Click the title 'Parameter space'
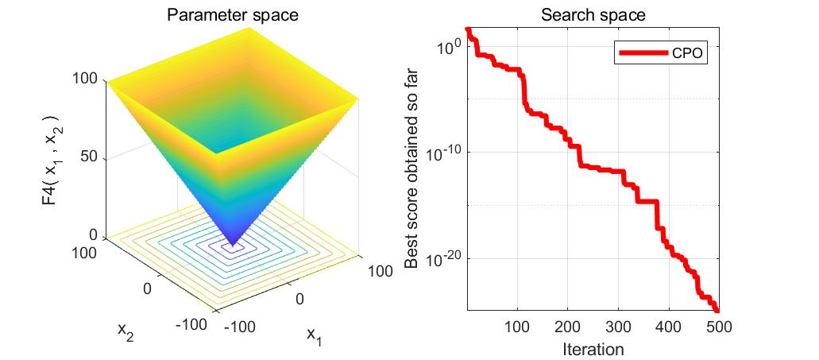pos(232,15)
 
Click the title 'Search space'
pos(593,15)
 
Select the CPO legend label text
pos(687,53)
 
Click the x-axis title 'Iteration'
pos(593,349)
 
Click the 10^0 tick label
pos(447,46)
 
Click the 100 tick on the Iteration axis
pos(517,326)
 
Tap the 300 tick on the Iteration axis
pos(617,326)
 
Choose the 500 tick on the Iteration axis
pos(717,326)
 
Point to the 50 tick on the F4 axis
pos(88,157)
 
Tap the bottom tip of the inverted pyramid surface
pos(233,244)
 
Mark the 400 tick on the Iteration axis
pos(667,326)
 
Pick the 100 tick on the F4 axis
pos(85,79)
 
